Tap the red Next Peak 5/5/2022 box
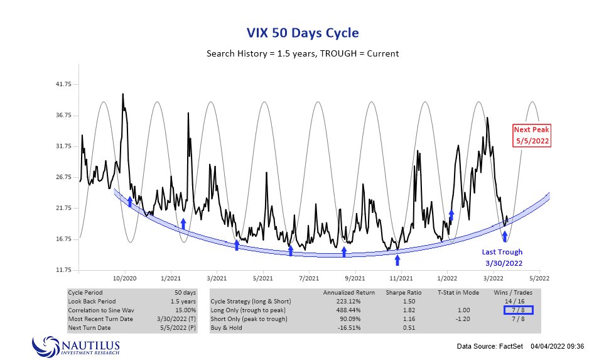tap(531, 135)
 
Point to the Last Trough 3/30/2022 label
tap(502, 258)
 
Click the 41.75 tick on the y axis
tap(65, 84)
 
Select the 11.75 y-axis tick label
tap(65, 270)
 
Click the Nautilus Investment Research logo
tap(76, 346)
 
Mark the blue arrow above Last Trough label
tap(504, 237)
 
